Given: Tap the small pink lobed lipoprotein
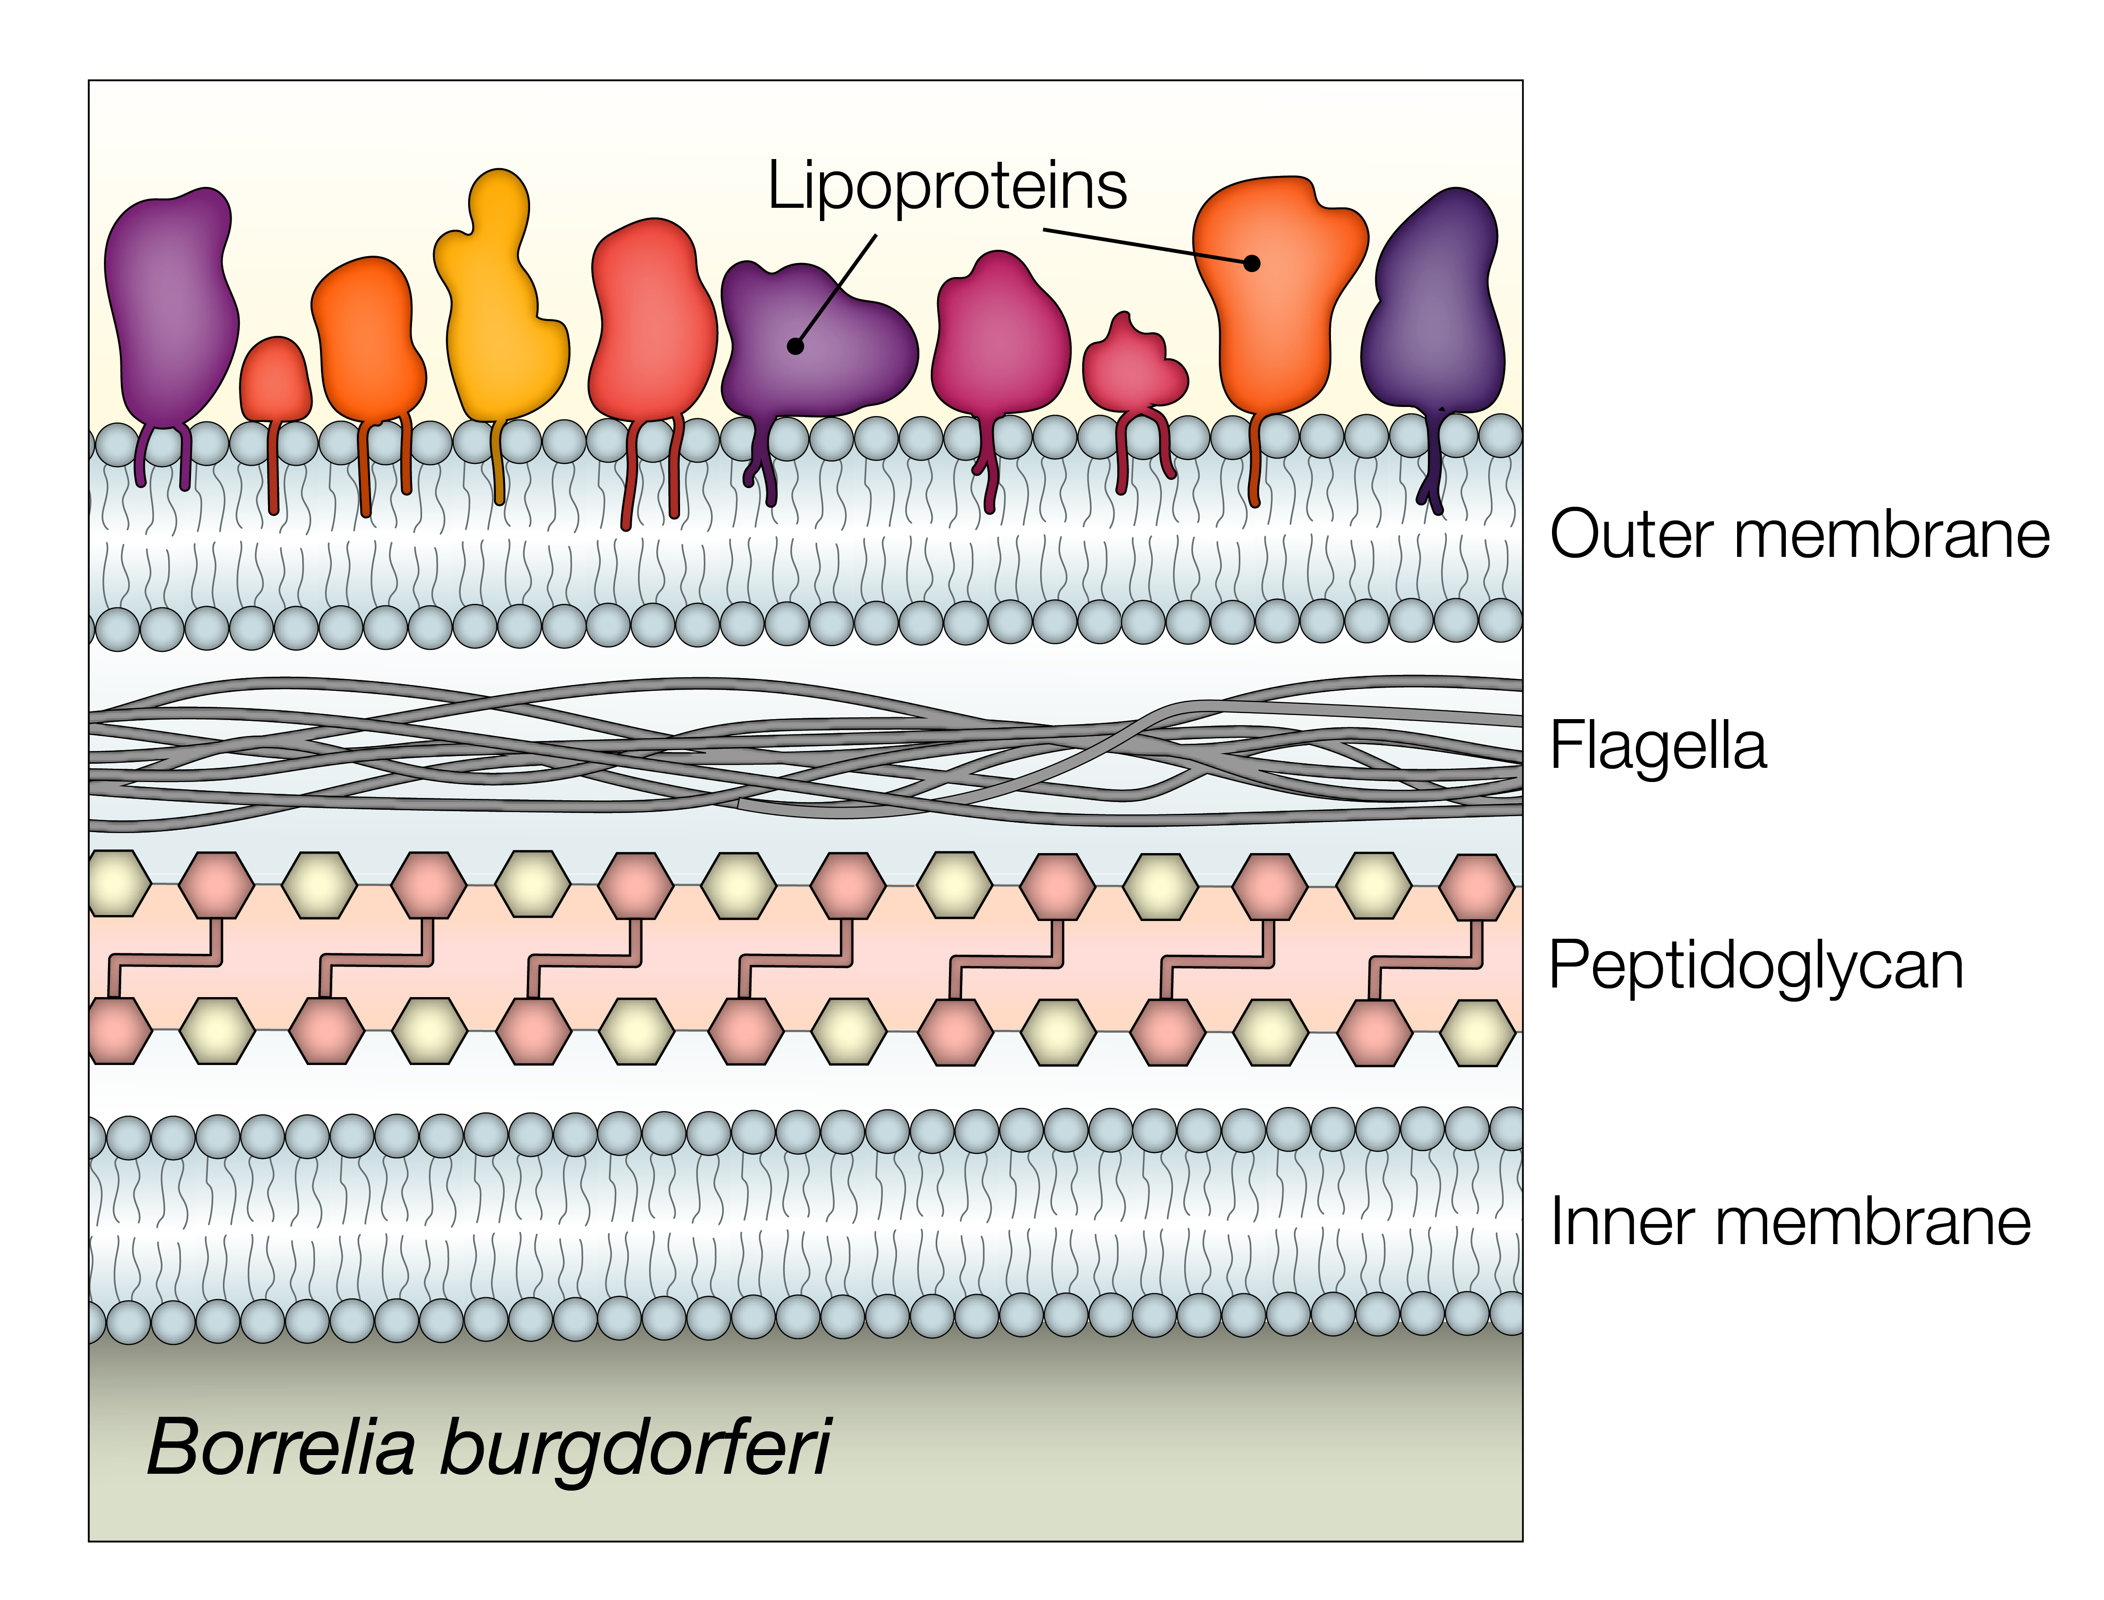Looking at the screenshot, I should [1134, 367].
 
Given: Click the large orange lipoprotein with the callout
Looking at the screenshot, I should [1276, 305].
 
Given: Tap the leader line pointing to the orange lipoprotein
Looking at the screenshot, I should [1143, 246].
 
